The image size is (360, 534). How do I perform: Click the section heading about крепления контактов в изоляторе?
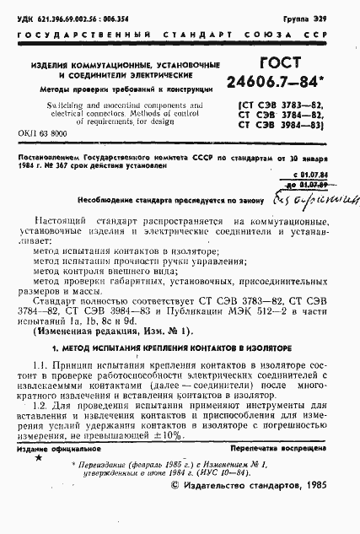click(x=180, y=348)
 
